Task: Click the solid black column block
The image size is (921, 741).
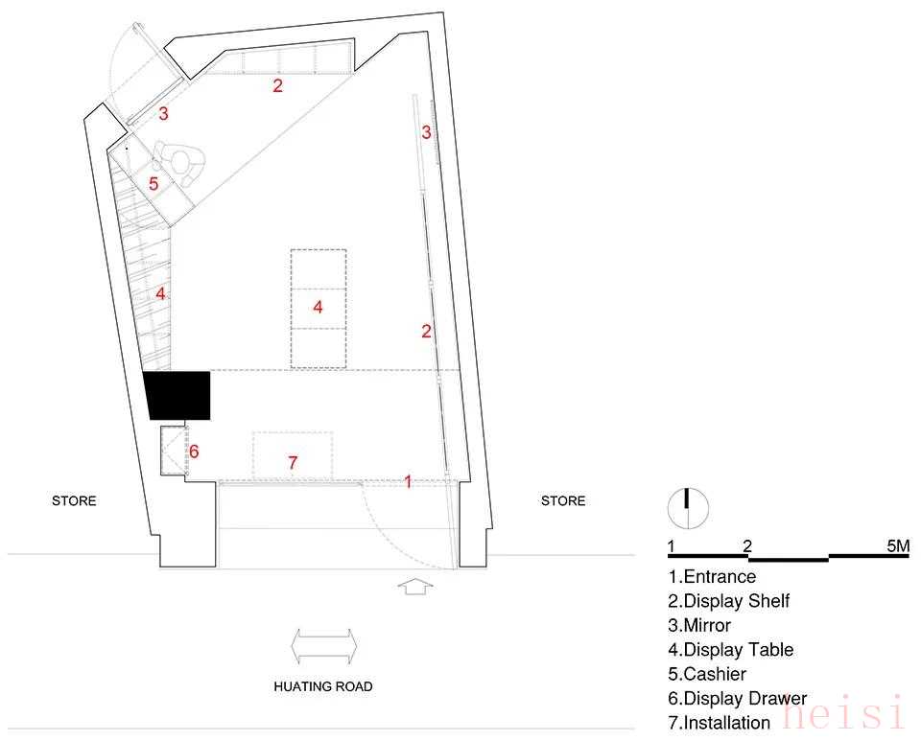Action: click(x=177, y=396)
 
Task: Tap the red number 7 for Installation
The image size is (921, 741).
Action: click(x=293, y=463)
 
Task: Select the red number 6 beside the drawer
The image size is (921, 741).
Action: click(x=194, y=452)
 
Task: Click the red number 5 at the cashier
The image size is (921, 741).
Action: click(x=153, y=184)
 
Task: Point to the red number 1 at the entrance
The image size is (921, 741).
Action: click(x=409, y=481)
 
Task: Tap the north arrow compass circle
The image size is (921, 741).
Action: click(x=688, y=508)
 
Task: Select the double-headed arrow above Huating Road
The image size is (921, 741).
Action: click(x=323, y=646)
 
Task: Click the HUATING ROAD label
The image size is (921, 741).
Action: click(x=323, y=686)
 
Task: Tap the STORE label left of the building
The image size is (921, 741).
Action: click(x=74, y=501)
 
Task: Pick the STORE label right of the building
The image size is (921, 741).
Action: click(x=563, y=501)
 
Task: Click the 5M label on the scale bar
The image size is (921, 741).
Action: click(x=898, y=546)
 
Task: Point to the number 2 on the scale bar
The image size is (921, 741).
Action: click(x=747, y=546)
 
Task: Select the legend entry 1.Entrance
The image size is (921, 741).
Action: click(x=712, y=577)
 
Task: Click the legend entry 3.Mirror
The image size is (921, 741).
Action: click(x=699, y=625)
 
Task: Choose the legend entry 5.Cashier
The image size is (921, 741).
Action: click(x=707, y=674)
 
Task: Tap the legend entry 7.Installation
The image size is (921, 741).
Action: click(x=719, y=723)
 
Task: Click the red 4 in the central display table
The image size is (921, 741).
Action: click(x=318, y=307)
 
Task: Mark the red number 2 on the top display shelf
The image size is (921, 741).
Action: click(x=277, y=85)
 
